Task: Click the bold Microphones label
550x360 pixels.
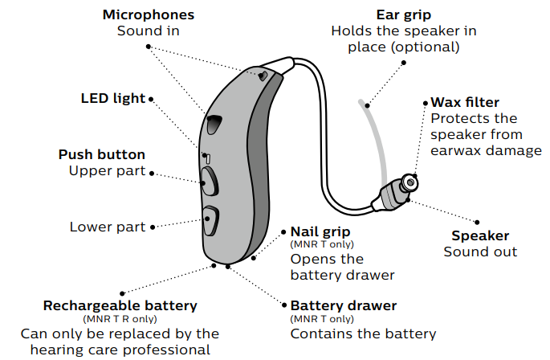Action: pyautogui.click(x=148, y=14)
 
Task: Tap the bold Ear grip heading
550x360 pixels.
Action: pyautogui.click(x=403, y=14)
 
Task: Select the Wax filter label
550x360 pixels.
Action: pyautogui.click(x=465, y=102)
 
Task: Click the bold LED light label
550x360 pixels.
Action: pyautogui.click(x=113, y=99)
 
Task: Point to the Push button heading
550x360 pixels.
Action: pyautogui.click(x=102, y=153)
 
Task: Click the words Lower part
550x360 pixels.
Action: pyautogui.click(x=108, y=227)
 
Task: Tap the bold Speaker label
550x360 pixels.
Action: pyautogui.click(x=480, y=235)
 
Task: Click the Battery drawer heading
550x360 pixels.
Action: pyautogui.click(x=343, y=306)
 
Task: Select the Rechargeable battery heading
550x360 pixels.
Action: pyautogui.click(x=120, y=306)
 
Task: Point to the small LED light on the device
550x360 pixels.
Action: pyautogui.click(x=206, y=157)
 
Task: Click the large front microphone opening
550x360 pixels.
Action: pyautogui.click(x=214, y=124)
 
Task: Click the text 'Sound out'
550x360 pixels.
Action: pyautogui.click(x=480, y=252)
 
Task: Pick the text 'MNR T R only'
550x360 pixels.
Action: pyautogui.click(x=120, y=319)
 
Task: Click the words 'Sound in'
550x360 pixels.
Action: pyautogui.click(x=148, y=31)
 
